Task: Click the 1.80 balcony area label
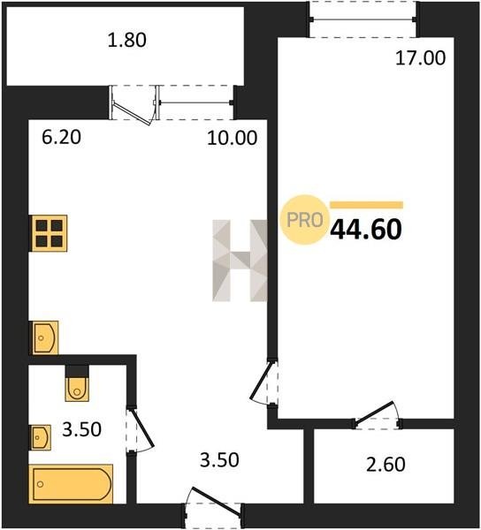(x=126, y=41)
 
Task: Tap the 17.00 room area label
(x=421, y=58)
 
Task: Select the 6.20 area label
(x=61, y=138)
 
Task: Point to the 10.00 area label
(x=232, y=138)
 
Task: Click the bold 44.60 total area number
(x=366, y=229)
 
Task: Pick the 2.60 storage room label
(x=386, y=464)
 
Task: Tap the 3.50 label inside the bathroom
(x=82, y=429)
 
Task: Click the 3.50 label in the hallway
(x=219, y=460)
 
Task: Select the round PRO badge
(x=304, y=220)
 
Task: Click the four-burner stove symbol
(x=50, y=233)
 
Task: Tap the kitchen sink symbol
(x=45, y=337)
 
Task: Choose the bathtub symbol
(x=71, y=484)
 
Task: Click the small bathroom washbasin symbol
(x=41, y=437)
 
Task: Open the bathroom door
(x=140, y=429)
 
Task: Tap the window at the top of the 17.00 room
(x=363, y=19)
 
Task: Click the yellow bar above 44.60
(x=367, y=205)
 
